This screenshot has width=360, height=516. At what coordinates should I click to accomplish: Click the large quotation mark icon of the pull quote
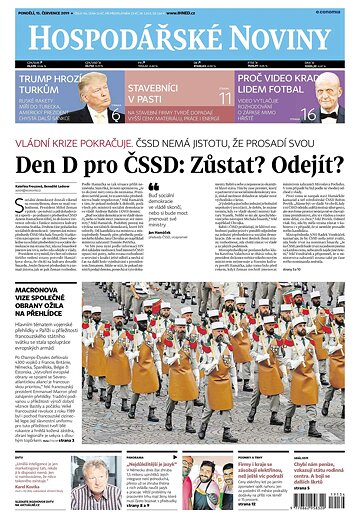tap(153, 187)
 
